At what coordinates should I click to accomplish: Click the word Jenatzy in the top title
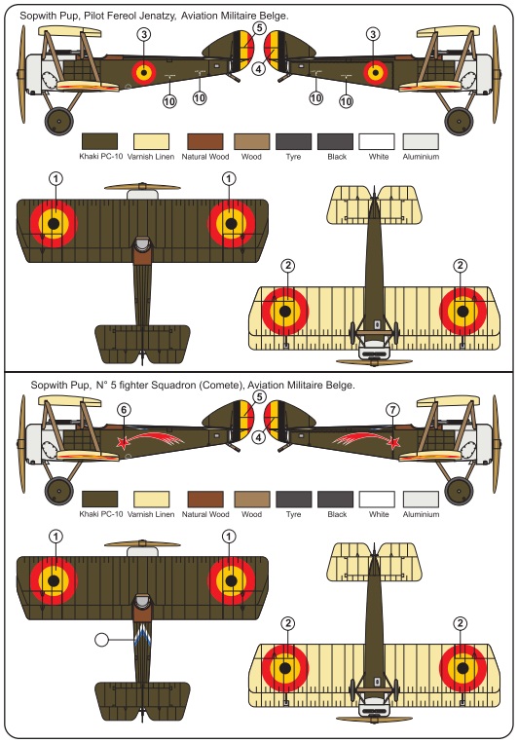click(x=157, y=16)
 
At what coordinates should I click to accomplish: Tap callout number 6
click(x=124, y=410)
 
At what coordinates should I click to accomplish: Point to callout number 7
click(x=392, y=410)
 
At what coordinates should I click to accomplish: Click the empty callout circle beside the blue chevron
click(x=101, y=639)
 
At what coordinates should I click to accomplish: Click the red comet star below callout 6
click(x=124, y=442)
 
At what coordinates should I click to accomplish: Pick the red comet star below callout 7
click(x=393, y=442)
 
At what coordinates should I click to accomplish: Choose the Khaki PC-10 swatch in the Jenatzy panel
click(x=99, y=141)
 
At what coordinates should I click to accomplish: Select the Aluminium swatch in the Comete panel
click(x=421, y=499)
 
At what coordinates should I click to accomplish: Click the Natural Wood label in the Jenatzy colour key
click(x=205, y=157)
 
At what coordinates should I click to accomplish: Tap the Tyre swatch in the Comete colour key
click(x=294, y=499)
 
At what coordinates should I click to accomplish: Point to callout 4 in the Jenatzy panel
click(x=258, y=69)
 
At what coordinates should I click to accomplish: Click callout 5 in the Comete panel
click(x=259, y=396)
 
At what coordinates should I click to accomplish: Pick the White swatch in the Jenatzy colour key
click(x=377, y=141)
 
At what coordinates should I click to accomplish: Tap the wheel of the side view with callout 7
click(x=459, y=491)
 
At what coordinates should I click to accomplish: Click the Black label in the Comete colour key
click(x=337, y=514)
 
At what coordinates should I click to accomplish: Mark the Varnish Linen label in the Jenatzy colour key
click(x=151, y=157)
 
